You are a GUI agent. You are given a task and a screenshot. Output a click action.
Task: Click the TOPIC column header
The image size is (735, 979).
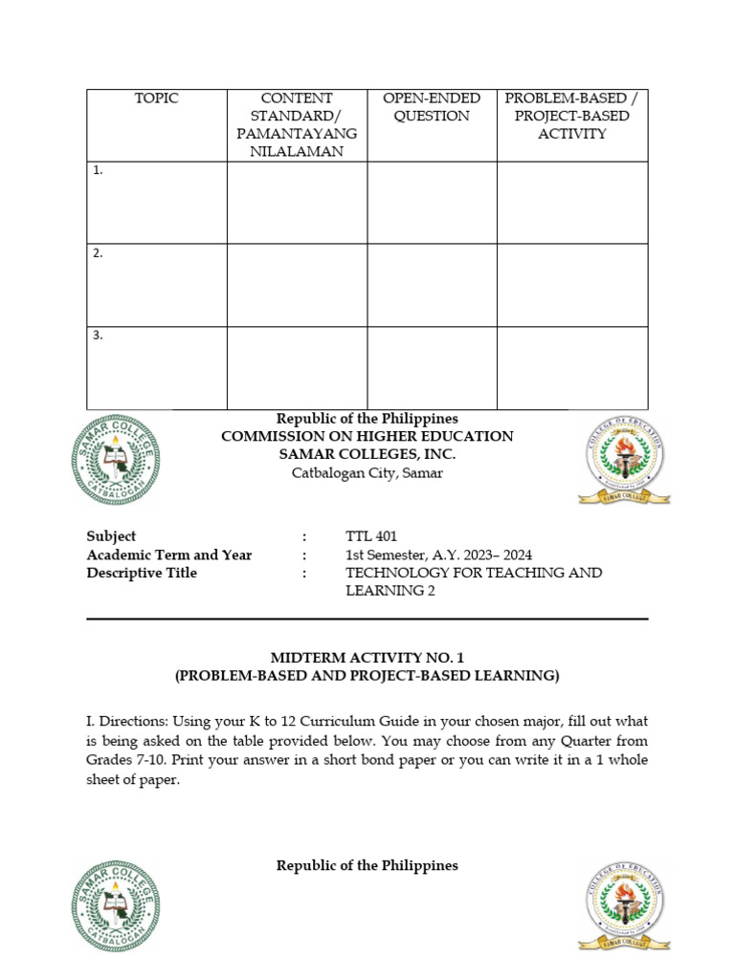[x=157, y=98]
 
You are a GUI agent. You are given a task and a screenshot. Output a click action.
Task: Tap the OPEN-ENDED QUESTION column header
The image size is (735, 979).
[x=432, y=107]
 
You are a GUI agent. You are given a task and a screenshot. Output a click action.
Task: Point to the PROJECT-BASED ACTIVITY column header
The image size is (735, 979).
[x=572, y=116]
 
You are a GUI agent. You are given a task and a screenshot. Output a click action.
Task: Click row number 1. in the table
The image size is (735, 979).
[x=99, y=171]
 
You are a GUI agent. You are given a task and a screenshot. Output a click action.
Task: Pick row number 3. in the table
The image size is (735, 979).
[x=99, y=336]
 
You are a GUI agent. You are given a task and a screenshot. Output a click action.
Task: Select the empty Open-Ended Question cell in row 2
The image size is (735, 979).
[x=432, y=285]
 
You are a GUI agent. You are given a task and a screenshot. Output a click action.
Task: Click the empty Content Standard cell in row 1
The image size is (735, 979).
[x=297, y=203]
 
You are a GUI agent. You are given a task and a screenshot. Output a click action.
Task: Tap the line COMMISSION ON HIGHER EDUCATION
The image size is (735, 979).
[x=367, y=437]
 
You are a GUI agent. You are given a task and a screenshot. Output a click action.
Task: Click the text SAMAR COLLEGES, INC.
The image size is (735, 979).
[x=367, y=454]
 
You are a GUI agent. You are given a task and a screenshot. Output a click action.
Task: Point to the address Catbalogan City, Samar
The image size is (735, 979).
[x=367, y=473]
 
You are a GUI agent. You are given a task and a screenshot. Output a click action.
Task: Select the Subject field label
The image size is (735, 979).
[x=111, y=536]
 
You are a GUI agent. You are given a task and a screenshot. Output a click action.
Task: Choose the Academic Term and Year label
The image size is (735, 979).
[x=169, y=555]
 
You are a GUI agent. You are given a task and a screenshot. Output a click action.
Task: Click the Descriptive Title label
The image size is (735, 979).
[x=142, y=573]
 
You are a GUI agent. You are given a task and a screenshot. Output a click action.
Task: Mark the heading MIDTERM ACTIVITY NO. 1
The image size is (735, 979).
[x=367, y=658]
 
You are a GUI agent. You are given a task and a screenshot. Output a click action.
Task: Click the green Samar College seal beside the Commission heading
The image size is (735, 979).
[x=116, y=462]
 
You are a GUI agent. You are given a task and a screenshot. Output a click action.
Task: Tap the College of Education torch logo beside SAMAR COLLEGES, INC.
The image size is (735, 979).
[x=623, y=461]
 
